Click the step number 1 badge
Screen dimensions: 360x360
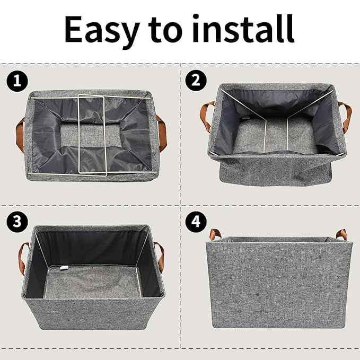[17, 81]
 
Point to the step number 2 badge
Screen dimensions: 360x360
[196, 81]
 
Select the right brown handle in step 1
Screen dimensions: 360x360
[161, 130]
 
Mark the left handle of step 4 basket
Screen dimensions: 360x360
[214, 234]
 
